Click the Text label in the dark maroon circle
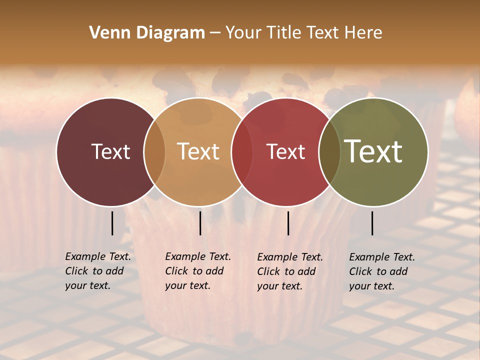(110, 151)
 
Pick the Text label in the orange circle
(198, 151)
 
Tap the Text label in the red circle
(286, 151)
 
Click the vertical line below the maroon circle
(112, 223)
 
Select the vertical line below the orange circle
(200, 223)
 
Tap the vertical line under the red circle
(288, 223)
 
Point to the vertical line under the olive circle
(372, 223)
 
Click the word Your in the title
(243, 33)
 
